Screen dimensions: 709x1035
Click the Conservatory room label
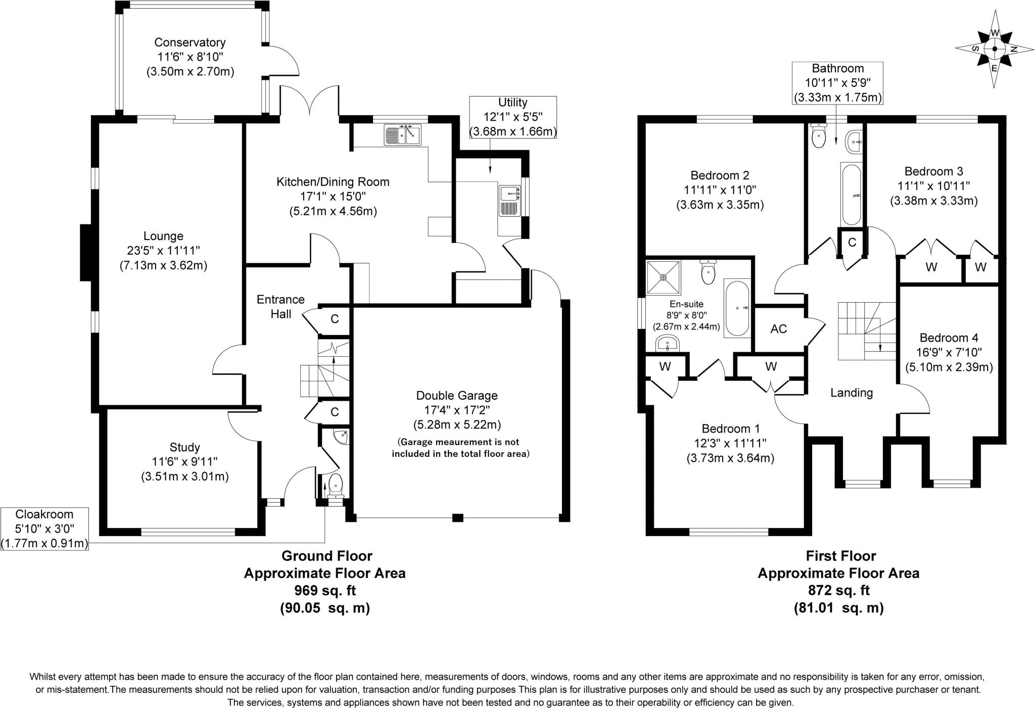point(190,42)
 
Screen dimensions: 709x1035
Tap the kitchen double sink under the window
point(402,135)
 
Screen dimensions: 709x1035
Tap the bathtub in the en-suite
point(737,308)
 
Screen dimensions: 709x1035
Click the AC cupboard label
point(778,329)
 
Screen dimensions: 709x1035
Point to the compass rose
point(994,49)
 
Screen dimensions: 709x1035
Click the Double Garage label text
point(456,396)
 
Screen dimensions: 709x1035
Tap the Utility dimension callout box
point(512,117)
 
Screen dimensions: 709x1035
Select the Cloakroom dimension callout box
point(44,529)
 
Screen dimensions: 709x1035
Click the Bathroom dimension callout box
point(837,83)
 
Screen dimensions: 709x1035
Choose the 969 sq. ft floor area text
point(325,590)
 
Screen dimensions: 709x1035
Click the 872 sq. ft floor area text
point(838,590)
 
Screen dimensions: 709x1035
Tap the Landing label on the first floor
point(852,393)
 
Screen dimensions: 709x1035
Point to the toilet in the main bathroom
point(817,135)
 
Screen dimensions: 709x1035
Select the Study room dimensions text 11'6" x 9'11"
point(184,462)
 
